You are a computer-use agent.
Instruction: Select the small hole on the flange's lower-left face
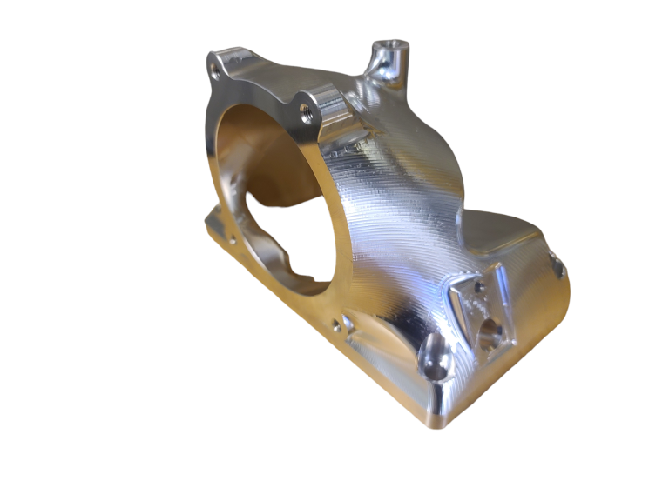[231, 238]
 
